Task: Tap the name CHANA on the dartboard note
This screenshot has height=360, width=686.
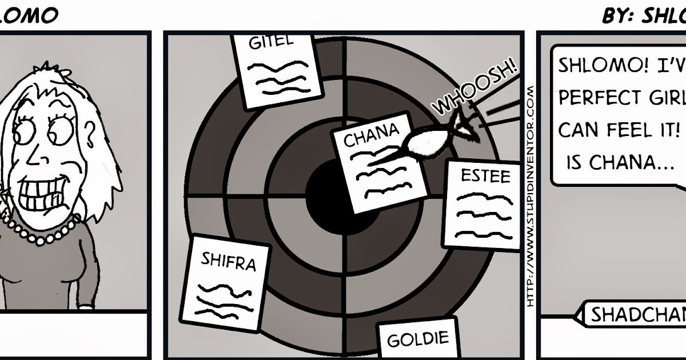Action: click(x=371, y=135)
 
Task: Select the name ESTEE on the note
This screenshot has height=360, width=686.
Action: click(x=485, y=176)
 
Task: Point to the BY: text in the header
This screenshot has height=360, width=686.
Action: click(x=616, y=17)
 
